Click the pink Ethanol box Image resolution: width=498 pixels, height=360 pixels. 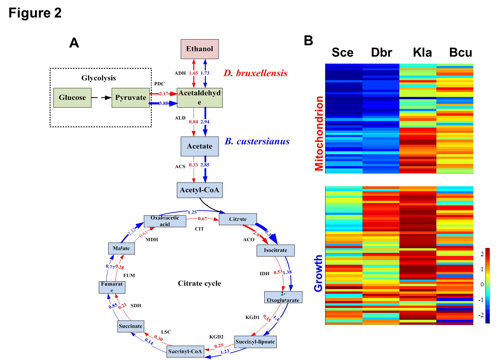200,49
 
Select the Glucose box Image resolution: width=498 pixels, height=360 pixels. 72,98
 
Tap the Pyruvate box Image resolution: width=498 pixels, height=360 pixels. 131,98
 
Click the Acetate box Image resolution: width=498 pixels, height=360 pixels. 200,146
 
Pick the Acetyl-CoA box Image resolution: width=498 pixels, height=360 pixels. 200,190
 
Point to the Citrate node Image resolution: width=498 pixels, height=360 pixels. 238,219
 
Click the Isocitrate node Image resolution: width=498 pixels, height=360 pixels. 275,250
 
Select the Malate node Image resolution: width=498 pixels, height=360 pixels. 121,248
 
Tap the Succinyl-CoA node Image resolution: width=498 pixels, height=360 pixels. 185,351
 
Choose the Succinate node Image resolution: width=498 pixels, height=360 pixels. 131,326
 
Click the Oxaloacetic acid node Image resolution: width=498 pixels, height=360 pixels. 165,221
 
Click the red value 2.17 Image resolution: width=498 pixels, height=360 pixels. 164,94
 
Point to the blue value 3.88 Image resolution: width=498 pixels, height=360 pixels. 164,103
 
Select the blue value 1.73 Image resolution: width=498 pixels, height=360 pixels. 205,73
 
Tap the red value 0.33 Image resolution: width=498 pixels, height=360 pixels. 194,165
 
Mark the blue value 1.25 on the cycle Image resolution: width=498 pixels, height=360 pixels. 192,212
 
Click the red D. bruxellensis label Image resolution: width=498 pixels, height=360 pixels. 255,73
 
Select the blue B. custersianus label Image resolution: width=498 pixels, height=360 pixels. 257,141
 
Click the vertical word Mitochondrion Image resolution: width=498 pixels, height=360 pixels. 319,134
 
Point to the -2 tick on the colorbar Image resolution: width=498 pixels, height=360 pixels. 482,315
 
